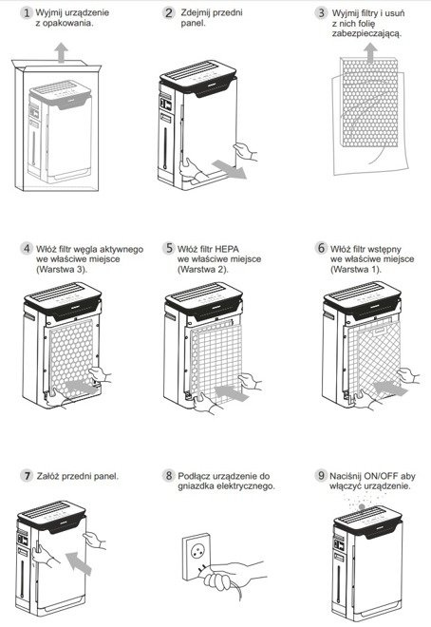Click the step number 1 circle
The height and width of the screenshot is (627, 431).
(27, 12)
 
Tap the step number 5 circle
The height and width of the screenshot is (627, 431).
(169, 248)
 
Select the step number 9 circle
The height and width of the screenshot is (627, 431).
(321, 475)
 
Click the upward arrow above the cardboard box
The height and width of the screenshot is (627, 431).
(61, 53)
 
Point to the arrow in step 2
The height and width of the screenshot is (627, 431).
(229, 169)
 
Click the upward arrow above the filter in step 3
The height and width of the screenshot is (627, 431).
(370, 53)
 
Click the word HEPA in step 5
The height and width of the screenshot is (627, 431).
(227, 249)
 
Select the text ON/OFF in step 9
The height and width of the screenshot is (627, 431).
(381, 476)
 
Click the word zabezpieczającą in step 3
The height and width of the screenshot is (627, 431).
(366, 33)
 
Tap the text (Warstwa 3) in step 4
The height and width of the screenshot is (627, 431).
(62, 269)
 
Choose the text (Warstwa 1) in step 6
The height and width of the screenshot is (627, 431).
(356, 269)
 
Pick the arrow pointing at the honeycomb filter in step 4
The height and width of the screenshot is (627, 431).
(81, 388)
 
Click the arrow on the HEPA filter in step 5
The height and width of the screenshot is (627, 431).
(232, 392)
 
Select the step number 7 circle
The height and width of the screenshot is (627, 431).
(27, 475)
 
